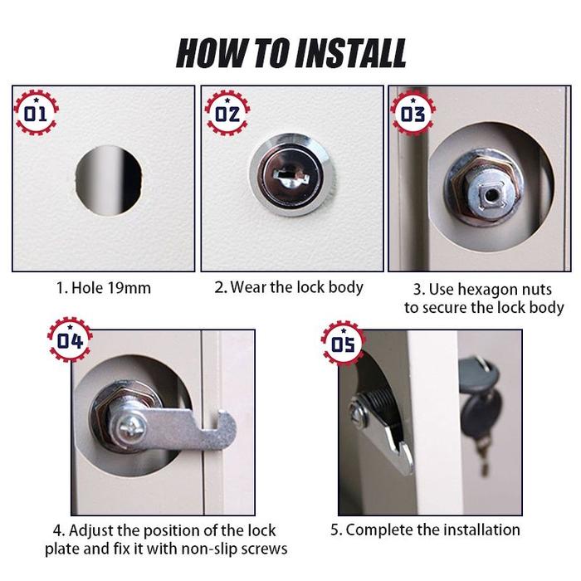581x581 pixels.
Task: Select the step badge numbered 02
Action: point(227,113)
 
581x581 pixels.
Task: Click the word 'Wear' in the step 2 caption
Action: point(248,288)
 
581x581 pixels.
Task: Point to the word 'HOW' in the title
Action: point(206,51)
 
